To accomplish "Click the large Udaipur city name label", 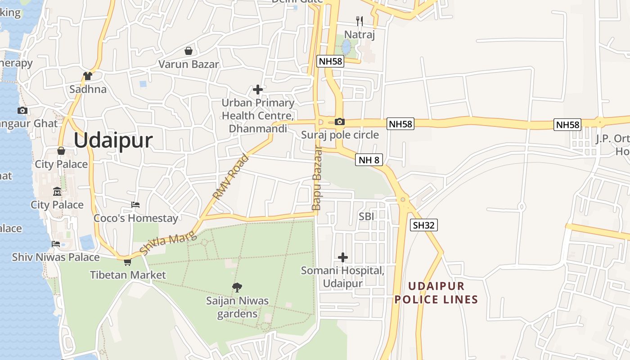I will pos(113,140).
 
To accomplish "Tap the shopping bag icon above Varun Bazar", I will pos(189,51).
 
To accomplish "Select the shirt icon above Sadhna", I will pos(88,76).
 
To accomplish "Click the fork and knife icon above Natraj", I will pos(359,21).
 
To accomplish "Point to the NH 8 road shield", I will pos(369,160).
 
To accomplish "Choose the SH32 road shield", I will pos(423,225).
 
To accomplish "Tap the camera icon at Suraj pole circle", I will pos(340,121).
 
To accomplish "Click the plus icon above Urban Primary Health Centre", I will pos(258,90).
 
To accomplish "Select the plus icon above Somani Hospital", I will pos(343,257).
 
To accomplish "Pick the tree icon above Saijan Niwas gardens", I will pos(237,287).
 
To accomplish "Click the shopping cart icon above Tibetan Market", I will pos(127,261).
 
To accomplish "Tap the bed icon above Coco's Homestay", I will pos(135,205).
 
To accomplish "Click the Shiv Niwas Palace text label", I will pos(56,257).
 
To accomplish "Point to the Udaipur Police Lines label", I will pos(436,293).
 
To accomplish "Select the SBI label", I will pos(366,216).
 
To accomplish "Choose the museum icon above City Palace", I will pos(57,191).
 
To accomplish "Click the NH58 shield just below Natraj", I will pos(330,61).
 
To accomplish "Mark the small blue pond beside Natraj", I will pos(346,46).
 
